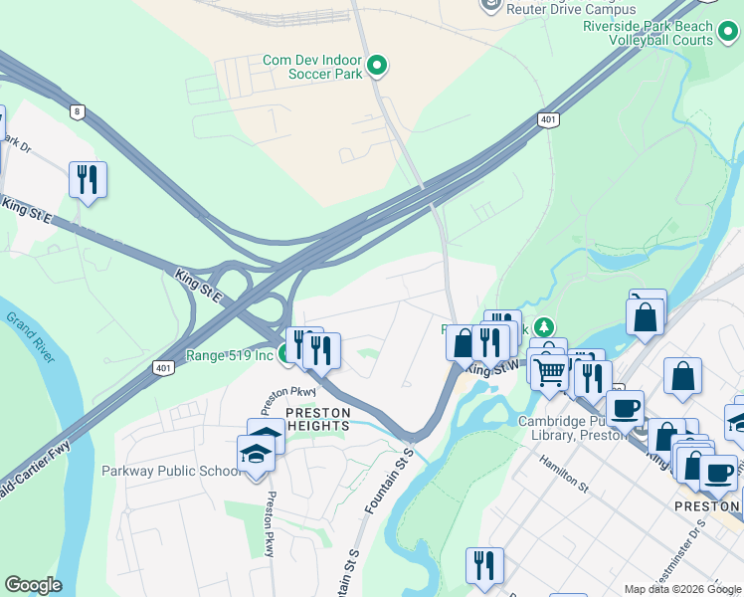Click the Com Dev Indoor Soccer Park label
[x=310, y=67]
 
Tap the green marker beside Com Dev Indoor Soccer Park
[x=377, y=67]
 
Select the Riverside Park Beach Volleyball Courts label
[x=661, y=33]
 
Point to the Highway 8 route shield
[x=77, y=111]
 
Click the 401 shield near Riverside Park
[x=548, y=119]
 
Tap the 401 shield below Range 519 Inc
[x=162, y=367]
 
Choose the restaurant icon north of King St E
[x=88, y=179]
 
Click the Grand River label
[x=30, y=347]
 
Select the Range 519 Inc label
[x=229, y=355]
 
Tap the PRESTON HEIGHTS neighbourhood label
[x=317, y=419]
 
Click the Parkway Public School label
[x=170, y=471]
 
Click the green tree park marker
[x=543, y=327]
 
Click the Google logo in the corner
[x=32, y=585]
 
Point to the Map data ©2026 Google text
[x=683, y=589]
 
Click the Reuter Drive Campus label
[x=556, y=9]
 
